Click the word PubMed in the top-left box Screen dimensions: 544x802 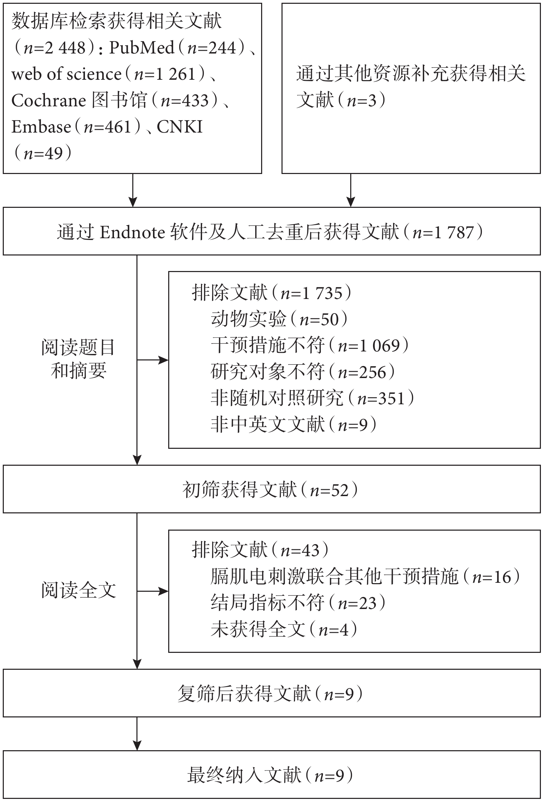[142, 48]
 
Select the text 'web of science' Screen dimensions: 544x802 [66, 74]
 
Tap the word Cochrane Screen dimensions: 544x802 [49, 100]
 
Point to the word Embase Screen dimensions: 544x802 [41, 127]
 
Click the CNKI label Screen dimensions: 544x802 [180, 127]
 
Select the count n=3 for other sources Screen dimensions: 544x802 [362, 100]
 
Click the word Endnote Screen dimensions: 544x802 [133, 232]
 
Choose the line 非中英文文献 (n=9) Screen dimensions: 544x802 [294, 424]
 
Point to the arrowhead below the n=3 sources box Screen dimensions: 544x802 [351, 202]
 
